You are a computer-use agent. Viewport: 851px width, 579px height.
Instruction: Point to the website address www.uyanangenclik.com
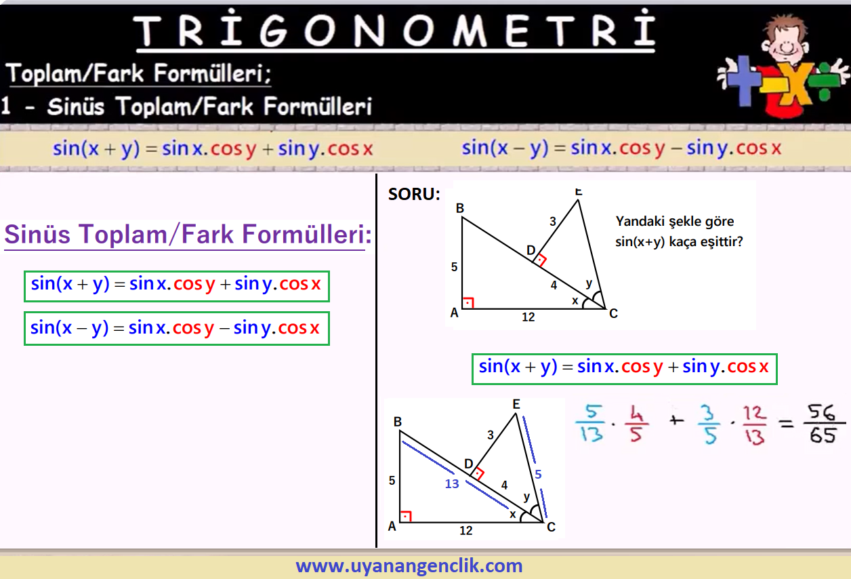[x=409, y=566]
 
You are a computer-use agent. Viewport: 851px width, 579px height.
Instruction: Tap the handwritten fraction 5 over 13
[x=591, y=422]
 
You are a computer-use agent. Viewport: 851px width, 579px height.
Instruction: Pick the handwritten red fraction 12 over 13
[x=754, y=424]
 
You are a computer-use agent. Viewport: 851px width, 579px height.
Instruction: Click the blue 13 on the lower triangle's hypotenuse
[x=452, y=483]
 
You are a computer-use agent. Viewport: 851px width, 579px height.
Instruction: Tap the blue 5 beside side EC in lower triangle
[x=538, y=474]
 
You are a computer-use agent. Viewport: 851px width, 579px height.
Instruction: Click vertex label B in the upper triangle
[x=459, y=208]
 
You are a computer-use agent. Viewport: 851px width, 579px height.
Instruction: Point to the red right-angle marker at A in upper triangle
[x=468, y=302]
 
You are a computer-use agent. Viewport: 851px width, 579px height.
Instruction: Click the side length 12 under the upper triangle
[x=528, y=317]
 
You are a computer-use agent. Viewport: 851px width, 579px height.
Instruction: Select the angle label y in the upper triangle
[x=589, y=283]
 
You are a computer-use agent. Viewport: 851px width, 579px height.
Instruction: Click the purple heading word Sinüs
[x=37, y=234]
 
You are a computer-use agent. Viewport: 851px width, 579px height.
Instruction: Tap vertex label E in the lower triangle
[x=516, y=404]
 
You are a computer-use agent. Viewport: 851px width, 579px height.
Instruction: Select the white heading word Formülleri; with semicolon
[x=213, y=73]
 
